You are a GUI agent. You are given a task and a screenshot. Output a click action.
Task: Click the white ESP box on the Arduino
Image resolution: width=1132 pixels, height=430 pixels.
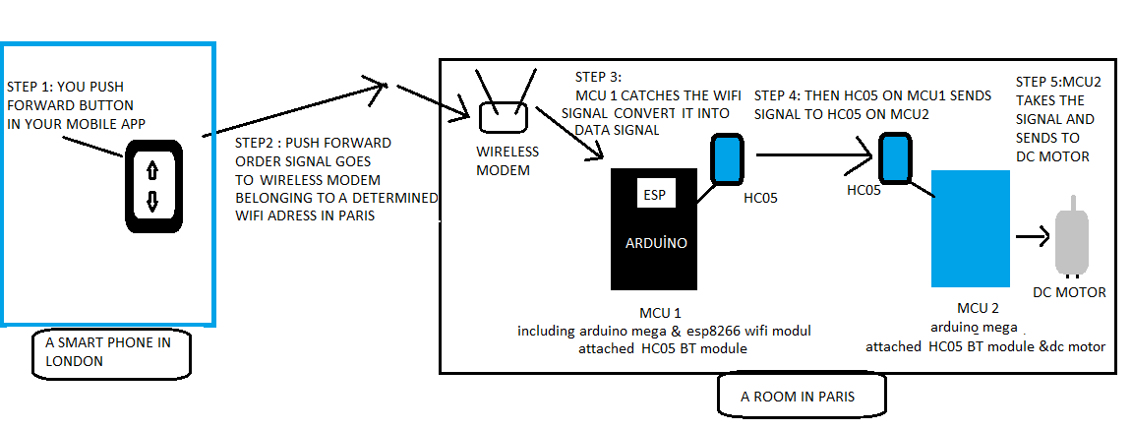click(654, 194)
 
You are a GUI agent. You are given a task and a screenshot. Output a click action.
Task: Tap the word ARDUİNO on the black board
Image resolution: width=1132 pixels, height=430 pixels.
click(654, 242)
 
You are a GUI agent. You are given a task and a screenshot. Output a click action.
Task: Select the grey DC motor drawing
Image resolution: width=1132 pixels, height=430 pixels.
click(1072, 241)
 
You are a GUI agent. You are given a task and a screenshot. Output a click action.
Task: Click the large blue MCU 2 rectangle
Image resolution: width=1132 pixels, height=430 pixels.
click(970, 227)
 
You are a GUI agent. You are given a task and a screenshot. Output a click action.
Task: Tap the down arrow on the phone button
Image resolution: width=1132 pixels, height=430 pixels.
click(152, 203)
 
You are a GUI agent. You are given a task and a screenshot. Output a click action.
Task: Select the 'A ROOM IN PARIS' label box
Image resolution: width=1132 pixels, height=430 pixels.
click(801, 397)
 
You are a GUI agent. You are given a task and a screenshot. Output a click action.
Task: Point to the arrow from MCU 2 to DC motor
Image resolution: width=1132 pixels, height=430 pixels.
click(1031, 237)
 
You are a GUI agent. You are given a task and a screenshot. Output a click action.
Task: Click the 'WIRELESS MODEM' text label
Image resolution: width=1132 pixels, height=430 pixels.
click(507, 159)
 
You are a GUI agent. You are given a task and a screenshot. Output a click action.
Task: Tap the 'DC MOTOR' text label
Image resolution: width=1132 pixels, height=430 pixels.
click(1069, 292)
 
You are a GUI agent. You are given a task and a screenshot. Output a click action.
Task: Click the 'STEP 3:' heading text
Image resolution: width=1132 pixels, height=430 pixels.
click(599, 77)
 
